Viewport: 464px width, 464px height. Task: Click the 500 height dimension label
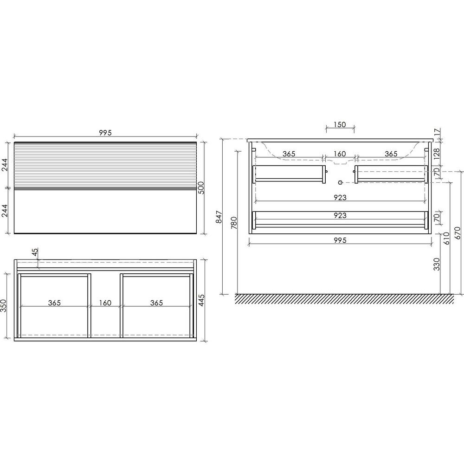click(201, 187)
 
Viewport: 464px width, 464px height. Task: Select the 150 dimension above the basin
click(340, 124)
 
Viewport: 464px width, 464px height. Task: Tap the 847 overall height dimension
click(219, 217)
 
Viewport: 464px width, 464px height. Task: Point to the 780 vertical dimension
click(234, 223)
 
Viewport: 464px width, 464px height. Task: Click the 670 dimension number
click(458, 233)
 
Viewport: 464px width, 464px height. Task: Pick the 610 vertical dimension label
click(446, 238)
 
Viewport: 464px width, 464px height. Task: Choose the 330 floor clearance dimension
click(437, 264)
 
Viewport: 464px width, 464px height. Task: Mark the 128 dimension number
click(437, 154)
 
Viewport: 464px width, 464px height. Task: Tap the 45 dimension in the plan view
click(35, 252)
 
